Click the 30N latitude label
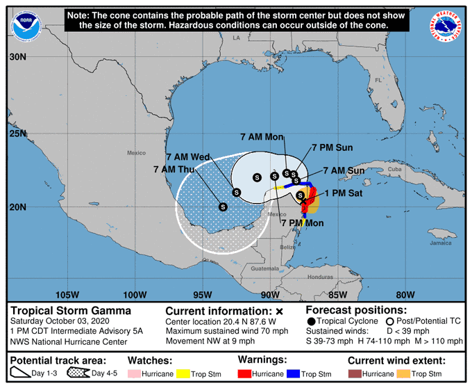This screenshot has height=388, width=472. (17, 58)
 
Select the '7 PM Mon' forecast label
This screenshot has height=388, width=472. (302, 222)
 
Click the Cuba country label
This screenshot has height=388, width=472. (395, 169)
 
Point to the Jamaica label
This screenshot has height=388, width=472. (440, 243)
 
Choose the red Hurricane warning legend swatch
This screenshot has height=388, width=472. (245, 373)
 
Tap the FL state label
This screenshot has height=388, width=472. (378, 81)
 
